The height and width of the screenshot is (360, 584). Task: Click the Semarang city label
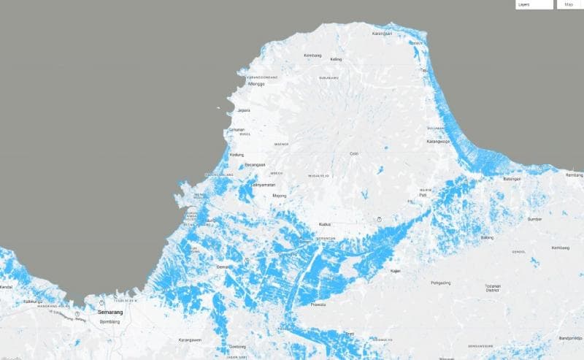111,312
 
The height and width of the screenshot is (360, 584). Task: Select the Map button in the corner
569,4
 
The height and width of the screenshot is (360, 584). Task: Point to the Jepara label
244,110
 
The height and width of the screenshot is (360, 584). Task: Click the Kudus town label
326,224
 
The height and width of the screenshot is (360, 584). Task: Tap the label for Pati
423,195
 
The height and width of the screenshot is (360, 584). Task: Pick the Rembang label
575,175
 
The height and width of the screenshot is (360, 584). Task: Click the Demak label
223,267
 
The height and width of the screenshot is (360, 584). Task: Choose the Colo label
354,153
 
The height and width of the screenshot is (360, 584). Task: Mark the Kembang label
312,54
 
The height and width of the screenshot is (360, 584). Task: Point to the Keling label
336,59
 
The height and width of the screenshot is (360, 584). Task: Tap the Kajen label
396,271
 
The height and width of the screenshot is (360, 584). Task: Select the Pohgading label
441,282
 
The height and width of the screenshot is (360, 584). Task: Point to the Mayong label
279,196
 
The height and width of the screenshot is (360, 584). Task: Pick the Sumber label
535,218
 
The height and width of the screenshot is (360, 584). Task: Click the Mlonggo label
256,83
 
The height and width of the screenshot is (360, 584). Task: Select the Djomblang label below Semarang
109,321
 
